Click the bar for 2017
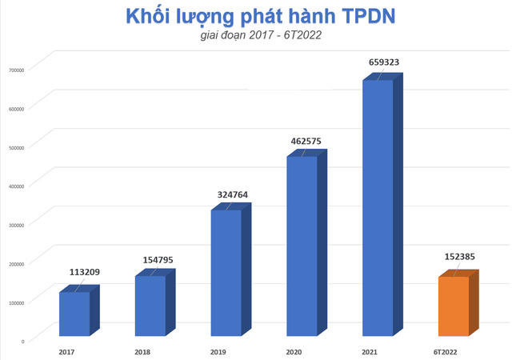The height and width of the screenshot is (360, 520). pyautogui.click(x=74, y=314)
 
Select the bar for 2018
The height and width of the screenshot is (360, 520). pyautogui.click(x=150, y=306)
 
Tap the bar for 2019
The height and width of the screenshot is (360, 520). pyautogui.click(x=226, y=273)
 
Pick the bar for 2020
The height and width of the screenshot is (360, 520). pyautogui.click(x=302, y=246)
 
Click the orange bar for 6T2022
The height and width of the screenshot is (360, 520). pyautogui.click(x=453, y=306)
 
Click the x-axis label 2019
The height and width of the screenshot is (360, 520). pyautogui.click(x=218, y=350)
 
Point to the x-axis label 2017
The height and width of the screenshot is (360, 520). pyautogui.click(x=67, y=350)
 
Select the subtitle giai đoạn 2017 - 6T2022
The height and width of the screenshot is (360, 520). pyautogui.click(x=260, y=37)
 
